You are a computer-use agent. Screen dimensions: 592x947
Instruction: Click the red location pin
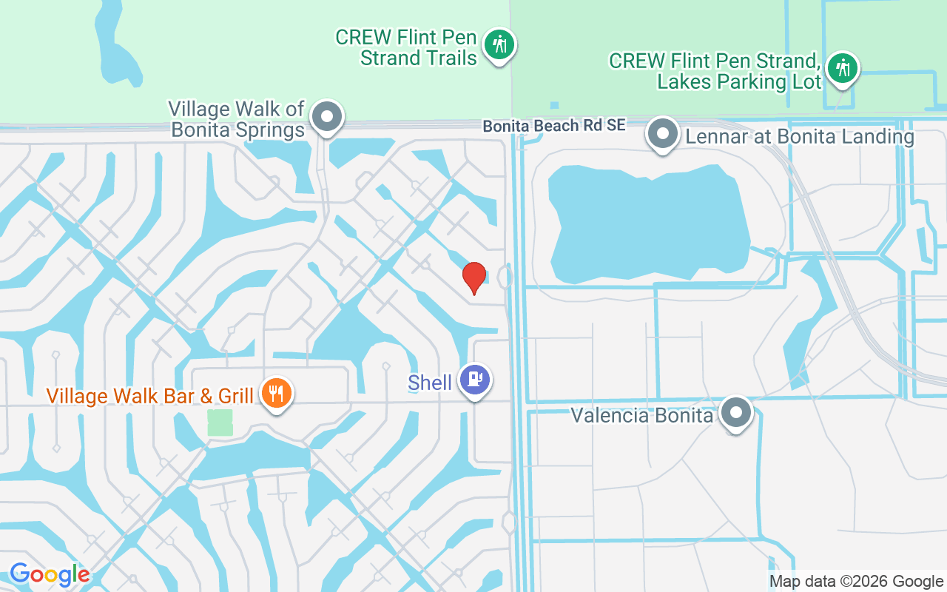473,277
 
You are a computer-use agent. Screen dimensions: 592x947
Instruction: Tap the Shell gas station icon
474,379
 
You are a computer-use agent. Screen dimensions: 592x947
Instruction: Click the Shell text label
430,383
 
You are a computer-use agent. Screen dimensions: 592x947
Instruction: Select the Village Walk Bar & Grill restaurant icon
277,393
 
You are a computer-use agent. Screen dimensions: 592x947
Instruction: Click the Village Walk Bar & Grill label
150,396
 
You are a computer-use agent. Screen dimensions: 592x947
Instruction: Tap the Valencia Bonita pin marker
736,412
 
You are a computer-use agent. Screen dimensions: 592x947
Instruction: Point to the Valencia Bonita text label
641,415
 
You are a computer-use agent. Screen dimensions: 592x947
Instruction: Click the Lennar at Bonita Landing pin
662,134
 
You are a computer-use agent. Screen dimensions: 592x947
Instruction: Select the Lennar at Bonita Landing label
800,137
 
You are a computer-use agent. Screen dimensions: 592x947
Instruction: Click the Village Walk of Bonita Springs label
237,120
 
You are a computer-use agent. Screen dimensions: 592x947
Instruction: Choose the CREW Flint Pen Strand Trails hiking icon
499,44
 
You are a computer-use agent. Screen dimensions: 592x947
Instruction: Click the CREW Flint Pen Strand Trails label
406,47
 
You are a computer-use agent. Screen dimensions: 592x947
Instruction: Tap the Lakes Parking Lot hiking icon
842,68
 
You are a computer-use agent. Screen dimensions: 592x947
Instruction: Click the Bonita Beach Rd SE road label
554,126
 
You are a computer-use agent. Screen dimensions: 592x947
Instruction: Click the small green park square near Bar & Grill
220,423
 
